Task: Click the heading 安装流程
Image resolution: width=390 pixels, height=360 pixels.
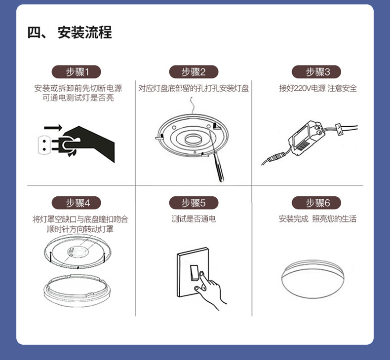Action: pos(70,33)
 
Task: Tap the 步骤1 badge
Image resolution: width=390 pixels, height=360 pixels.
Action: pos(77,72)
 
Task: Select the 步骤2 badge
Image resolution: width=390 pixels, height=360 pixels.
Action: pos(193,72)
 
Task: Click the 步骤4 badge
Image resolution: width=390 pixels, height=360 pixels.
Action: pos(77,203)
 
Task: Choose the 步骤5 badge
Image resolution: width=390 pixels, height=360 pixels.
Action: pos(193,203)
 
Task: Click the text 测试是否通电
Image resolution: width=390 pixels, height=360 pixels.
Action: pos(193,219)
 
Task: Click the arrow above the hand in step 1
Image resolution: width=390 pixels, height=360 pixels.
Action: pos(53,128)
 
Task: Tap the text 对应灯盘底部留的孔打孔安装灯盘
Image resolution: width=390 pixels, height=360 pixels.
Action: pos(194,88)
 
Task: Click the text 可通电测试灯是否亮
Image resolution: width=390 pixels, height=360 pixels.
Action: pos(78,98)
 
